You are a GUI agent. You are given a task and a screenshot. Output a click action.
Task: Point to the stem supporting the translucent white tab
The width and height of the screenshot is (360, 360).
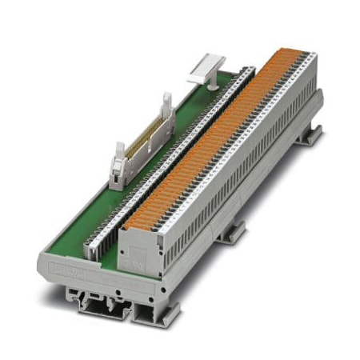click(x=199, y=78)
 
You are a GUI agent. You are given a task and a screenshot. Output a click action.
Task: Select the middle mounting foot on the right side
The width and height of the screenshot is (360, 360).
click(x=233, y=232)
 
